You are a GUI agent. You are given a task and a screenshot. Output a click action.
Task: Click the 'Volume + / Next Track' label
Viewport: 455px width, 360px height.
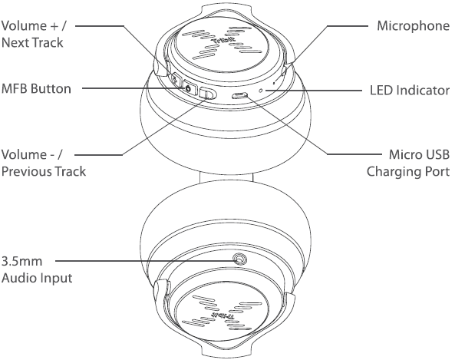(34, 35)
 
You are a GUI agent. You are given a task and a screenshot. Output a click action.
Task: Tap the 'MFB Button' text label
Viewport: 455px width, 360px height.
(36, 88)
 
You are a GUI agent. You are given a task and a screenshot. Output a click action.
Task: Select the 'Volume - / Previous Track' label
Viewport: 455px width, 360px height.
(44, 163)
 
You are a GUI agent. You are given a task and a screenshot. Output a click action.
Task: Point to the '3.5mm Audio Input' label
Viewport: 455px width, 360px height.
(37, 269)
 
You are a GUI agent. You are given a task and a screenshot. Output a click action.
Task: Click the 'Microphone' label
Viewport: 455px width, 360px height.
(414, 26)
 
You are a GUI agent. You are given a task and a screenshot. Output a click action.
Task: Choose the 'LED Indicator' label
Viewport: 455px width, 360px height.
(410, 91)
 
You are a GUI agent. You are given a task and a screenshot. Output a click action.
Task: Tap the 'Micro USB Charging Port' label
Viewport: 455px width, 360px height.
(408, 163)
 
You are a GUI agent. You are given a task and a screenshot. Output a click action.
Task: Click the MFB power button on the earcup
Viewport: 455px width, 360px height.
(189, 89)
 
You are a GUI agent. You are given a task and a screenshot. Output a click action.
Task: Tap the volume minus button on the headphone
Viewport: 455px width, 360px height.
(207, 94)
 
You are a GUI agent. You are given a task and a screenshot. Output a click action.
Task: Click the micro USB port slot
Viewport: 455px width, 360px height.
(239, 94)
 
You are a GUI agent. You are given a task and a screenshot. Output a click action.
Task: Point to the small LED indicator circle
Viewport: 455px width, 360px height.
(261, 91)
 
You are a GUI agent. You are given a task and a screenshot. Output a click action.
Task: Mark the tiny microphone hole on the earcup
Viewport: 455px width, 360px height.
(274, 84)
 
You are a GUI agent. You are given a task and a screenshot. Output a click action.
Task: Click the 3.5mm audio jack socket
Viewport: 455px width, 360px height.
(240, 259)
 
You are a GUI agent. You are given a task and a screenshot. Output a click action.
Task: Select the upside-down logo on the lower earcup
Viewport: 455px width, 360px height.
(222, 315)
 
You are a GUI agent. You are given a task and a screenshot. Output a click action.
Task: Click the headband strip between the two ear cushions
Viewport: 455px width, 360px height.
(226, 177)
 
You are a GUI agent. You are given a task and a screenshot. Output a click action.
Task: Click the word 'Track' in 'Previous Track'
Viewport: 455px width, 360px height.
(71, 171)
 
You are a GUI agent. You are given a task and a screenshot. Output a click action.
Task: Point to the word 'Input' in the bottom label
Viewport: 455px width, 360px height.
(56, 278)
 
